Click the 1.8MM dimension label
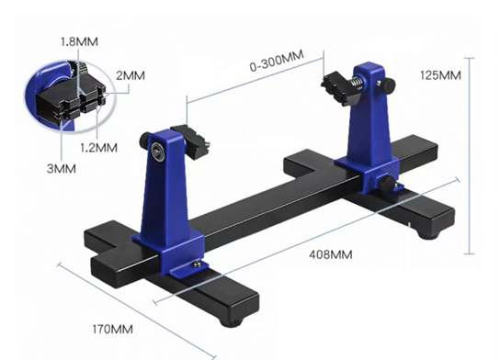click(79, 41)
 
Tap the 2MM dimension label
click(131, 75)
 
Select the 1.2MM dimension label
click(98, 148)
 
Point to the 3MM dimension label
click(62, 169)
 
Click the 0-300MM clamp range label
click(277, 61)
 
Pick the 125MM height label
click(440, 75)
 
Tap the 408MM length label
click(331, 254)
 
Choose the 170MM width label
click(112, 329)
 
